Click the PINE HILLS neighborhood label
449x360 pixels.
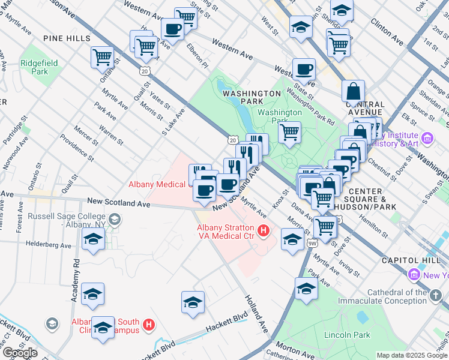(x=66, y=38)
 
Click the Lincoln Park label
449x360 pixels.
(x=347, y=335)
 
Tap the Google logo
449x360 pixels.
(x=19, y=353)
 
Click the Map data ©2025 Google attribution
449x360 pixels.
(x=412, y=355)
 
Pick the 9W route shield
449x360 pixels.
(x=312, y=244)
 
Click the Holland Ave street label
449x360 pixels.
(x=255, y=314)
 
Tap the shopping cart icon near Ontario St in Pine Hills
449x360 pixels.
(x=102, y=58)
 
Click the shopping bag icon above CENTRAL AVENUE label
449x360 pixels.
(x=353, y=91)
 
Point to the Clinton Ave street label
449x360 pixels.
(x=387, y=31)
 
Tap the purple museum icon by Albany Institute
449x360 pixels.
(x=427, y=139)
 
